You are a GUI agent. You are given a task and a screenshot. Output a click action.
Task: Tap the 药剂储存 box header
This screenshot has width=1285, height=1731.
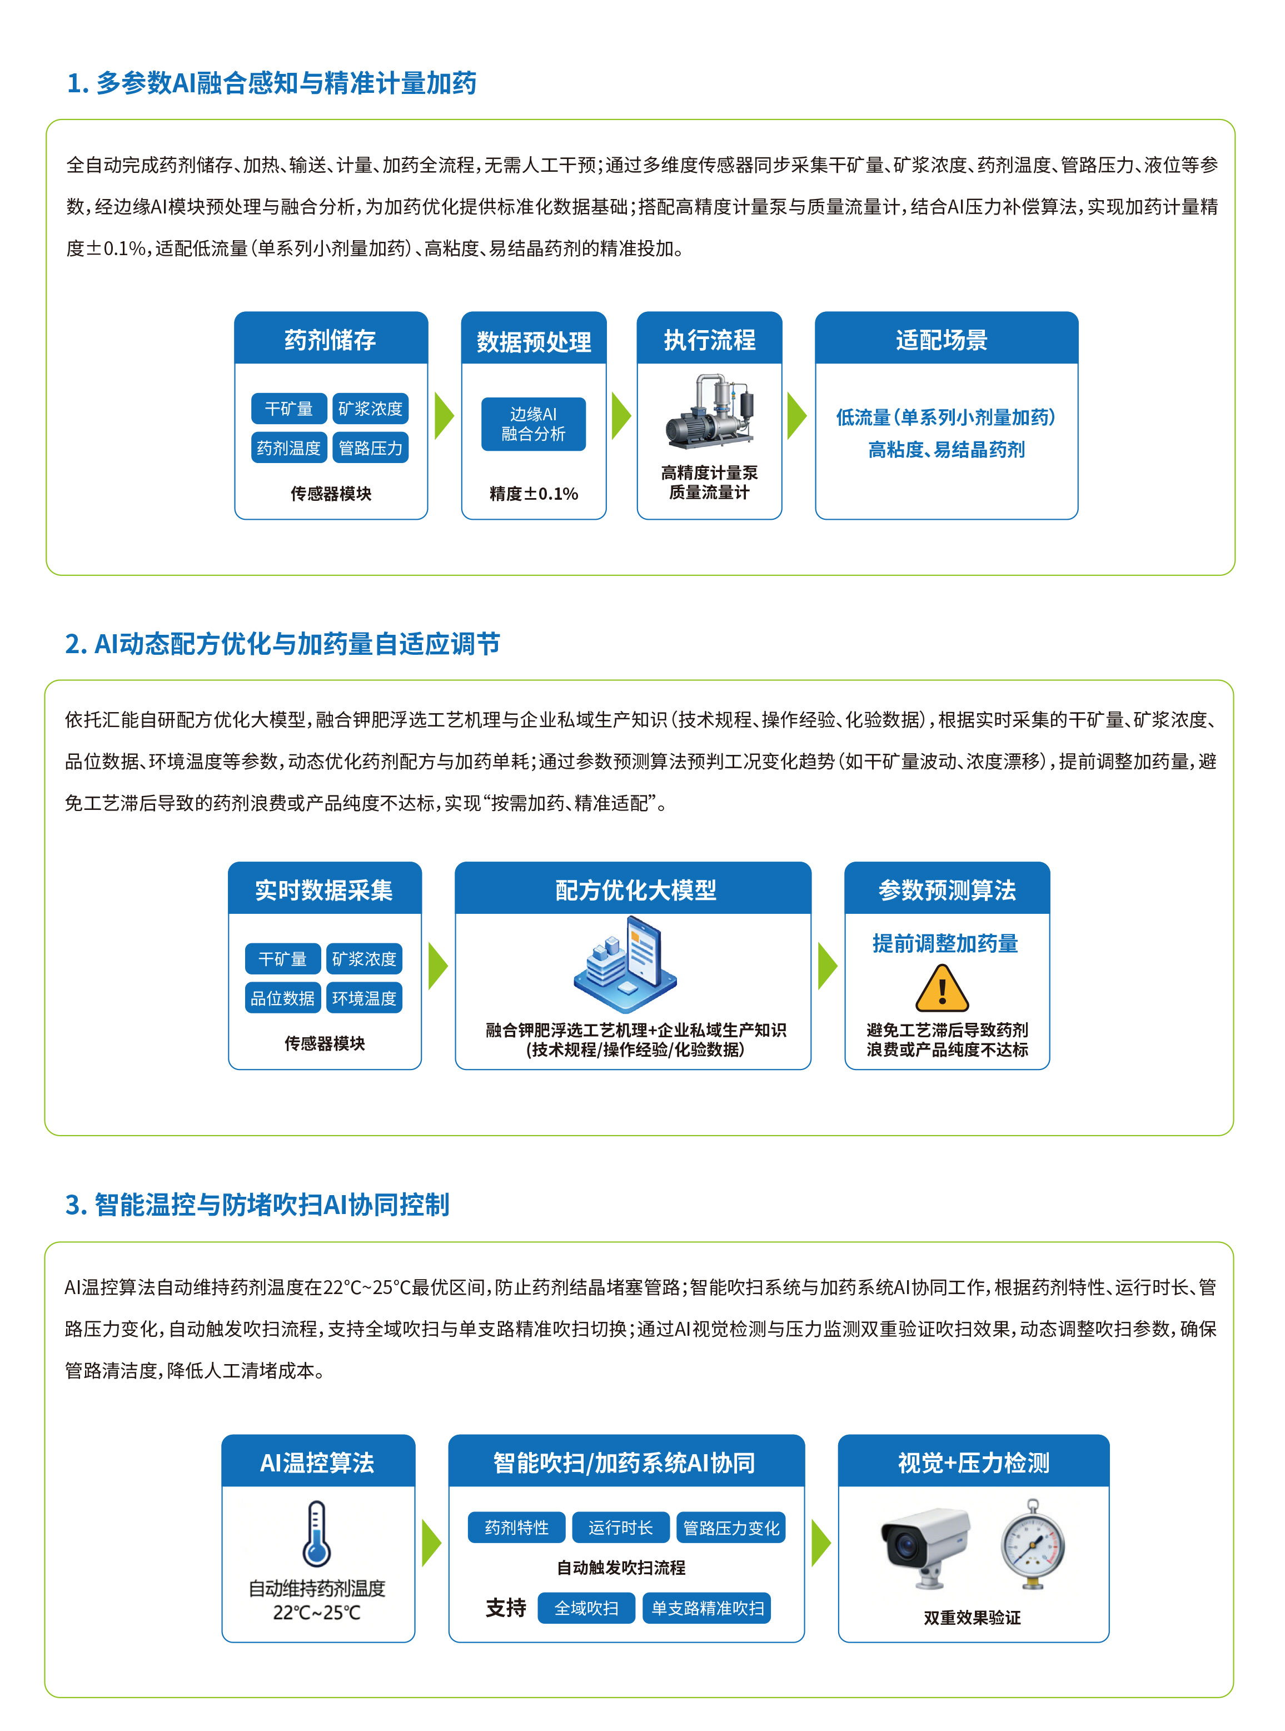point(331,339)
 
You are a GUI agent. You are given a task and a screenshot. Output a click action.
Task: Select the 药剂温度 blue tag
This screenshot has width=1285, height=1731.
point(288,448)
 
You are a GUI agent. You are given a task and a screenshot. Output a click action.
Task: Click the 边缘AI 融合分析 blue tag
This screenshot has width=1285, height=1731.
point(534,424)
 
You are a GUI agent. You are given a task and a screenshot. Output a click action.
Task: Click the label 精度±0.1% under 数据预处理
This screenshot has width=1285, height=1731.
point(534,494)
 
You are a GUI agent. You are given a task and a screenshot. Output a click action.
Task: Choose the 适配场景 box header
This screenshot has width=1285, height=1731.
point(947,339)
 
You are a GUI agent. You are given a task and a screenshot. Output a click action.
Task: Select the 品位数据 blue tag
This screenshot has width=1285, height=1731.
point(283,998)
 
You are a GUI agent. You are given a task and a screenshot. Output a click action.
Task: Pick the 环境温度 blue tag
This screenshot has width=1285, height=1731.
point(364,998)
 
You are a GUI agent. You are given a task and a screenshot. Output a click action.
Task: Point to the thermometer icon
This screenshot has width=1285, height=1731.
point(317,1534)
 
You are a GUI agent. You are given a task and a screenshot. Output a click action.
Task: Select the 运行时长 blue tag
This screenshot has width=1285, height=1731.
point(621,1528)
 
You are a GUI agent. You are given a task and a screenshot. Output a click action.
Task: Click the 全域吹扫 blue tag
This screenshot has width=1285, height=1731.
point(586,1608)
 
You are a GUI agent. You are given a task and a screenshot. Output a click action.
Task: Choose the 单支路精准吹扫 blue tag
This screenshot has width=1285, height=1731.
point(707,1608)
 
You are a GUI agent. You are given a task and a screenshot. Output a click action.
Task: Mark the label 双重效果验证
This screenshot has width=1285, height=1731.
point(972,1618)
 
